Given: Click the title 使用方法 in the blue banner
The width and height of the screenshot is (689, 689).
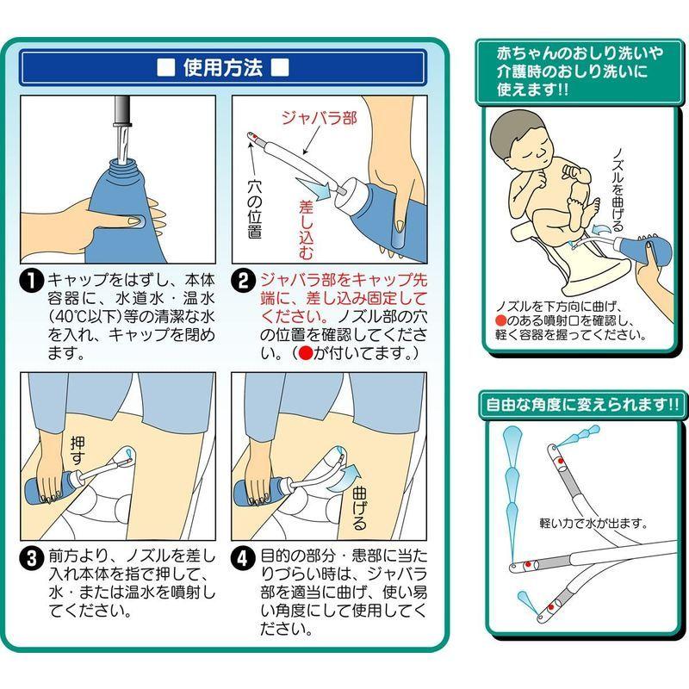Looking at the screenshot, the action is (223, 68).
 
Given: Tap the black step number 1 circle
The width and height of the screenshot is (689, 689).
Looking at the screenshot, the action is (32, 282).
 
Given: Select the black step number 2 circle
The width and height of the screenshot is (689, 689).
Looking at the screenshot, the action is (243, 282).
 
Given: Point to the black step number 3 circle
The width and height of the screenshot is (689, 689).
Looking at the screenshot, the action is (32, 558).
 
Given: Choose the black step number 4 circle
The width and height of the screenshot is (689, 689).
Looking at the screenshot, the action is (243, 558).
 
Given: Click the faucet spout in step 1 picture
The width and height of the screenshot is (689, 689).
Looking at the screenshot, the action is (122, 112).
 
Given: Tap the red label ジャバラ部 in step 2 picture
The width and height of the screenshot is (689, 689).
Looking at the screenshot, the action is (320, 118).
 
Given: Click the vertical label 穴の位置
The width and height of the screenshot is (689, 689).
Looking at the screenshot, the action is (254, 209).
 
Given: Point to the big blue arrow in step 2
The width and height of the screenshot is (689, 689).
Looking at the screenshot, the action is (315, 188).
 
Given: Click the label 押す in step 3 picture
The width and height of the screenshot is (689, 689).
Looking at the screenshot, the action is (78, 450).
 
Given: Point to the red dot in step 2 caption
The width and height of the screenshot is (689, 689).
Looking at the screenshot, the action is (306, 353).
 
